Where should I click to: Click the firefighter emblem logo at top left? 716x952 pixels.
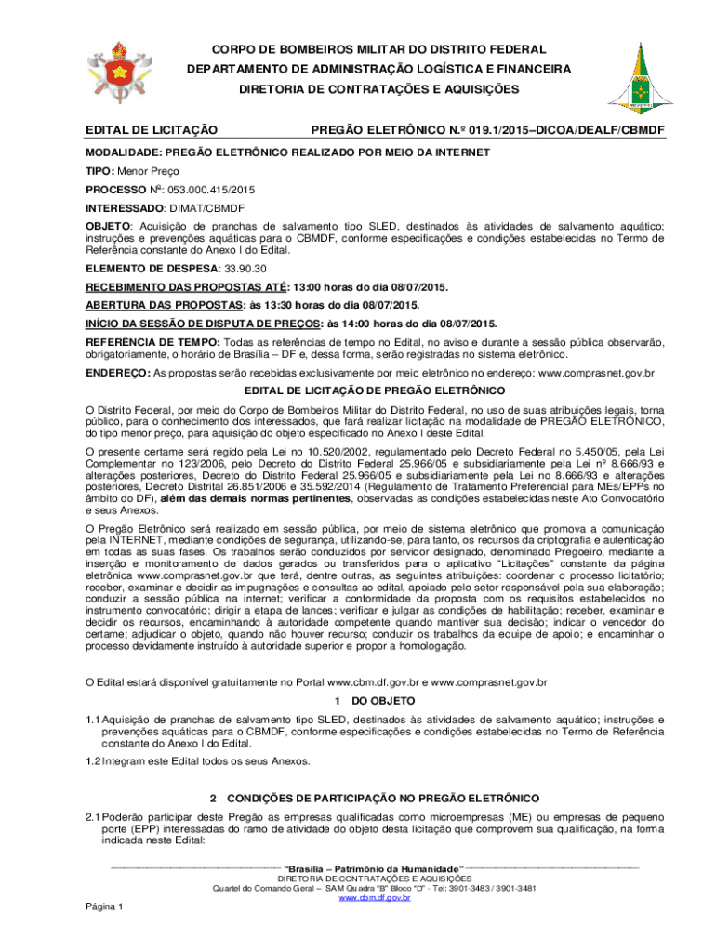(118, 72)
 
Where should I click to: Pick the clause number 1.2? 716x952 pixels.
(92, 761)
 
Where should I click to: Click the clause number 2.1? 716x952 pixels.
(92, 815)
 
